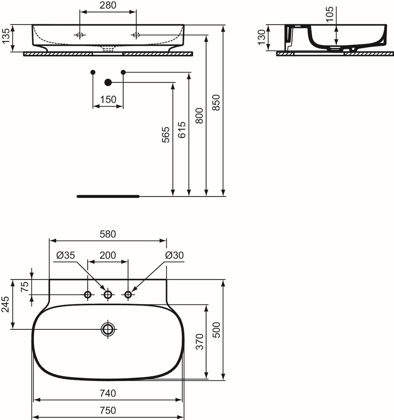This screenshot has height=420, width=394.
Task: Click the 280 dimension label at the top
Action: [108, 5]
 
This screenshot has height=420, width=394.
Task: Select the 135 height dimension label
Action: [5, 36]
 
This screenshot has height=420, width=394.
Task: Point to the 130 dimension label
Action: [261, 37]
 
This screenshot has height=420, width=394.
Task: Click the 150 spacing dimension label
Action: [108, 100]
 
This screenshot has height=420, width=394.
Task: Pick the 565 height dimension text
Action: [166, 135]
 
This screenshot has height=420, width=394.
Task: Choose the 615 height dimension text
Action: [182, 130]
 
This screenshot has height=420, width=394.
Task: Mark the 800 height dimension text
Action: [199, 116]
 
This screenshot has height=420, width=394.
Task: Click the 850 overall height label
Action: [216, 102]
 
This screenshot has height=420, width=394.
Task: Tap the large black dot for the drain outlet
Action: [108, 82]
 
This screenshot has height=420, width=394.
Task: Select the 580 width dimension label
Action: [108, 234]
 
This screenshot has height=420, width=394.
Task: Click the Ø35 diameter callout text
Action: [66, 255]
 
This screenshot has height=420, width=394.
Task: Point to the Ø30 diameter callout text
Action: [175, 255]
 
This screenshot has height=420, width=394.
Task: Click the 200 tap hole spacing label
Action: [108, 255]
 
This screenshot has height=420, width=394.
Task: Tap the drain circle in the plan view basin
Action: [108, 329]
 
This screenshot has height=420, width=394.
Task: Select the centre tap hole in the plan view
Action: [108, 295]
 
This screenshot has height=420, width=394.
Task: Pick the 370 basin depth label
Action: [200, 341]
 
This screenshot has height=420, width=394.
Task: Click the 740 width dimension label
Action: [108, 393]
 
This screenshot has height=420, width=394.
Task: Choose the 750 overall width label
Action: [108, 410]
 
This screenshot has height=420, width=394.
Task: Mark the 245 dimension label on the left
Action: [5, 304]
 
